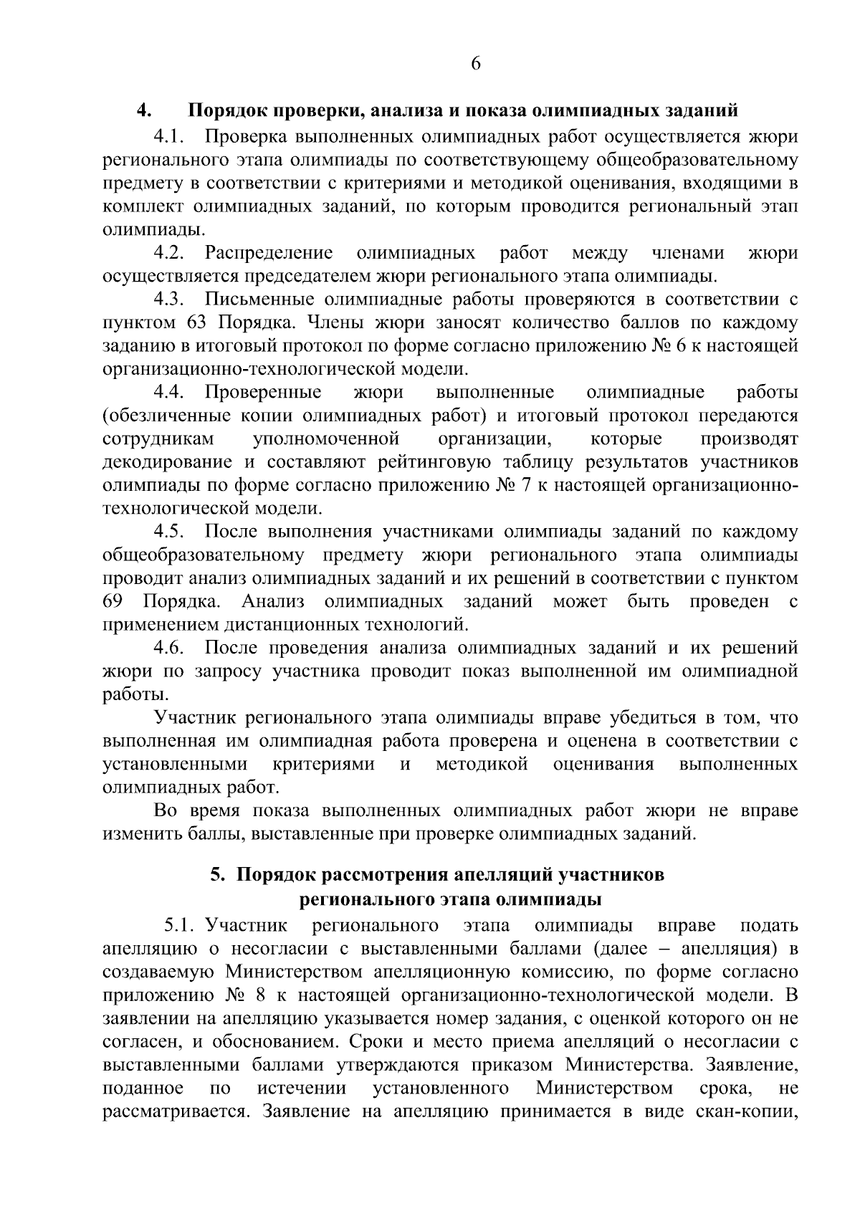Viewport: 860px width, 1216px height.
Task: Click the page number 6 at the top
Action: click(476, 64)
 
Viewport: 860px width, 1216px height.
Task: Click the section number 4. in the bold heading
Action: click(143, 111)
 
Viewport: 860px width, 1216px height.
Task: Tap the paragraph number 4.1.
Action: click(170, 135)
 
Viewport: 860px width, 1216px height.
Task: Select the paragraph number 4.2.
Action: click(170, 253)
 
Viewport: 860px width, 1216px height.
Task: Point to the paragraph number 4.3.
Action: click(170, 300)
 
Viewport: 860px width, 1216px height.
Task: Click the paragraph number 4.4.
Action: click(170, 393)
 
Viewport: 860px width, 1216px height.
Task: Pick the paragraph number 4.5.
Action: click(170, 532)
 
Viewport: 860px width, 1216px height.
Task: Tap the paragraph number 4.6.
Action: click(170, 648)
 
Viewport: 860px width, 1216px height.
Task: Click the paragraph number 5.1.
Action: click(181, 926)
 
